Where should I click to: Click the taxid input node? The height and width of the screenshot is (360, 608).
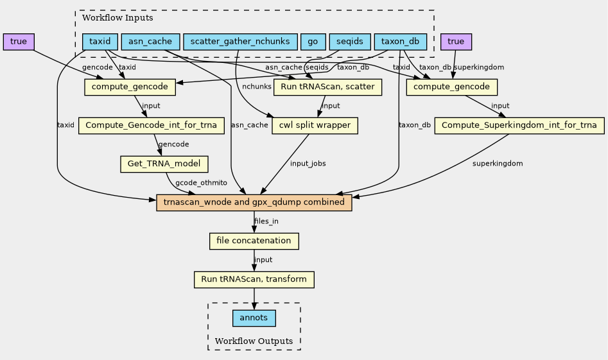(100, 42)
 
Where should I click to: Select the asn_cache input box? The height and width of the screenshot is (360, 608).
(150, 42)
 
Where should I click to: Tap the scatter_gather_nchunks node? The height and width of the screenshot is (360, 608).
(240, 42)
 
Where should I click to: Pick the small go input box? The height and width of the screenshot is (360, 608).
(313, 42)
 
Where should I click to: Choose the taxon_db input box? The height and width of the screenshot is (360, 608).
(400, 42)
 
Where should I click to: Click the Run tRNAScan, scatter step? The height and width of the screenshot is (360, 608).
(328, 87)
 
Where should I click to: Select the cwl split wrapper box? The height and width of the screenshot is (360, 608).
(315, 126)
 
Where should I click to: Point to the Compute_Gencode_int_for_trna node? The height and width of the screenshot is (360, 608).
(151, 126)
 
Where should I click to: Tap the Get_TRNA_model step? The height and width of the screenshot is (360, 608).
(164, 164)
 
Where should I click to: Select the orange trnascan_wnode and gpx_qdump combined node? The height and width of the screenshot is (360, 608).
(254, 203)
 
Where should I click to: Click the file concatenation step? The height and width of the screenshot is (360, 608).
(254, 241)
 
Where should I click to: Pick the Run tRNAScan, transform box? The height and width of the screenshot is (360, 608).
(254, 280)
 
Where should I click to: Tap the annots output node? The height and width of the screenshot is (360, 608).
(254, 318)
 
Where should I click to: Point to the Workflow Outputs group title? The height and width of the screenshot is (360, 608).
(254, 341)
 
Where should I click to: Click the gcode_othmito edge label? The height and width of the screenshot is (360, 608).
(196, 184)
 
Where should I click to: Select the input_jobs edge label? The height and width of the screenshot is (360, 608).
(308, 164)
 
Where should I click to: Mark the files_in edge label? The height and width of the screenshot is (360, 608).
(266, 222)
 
